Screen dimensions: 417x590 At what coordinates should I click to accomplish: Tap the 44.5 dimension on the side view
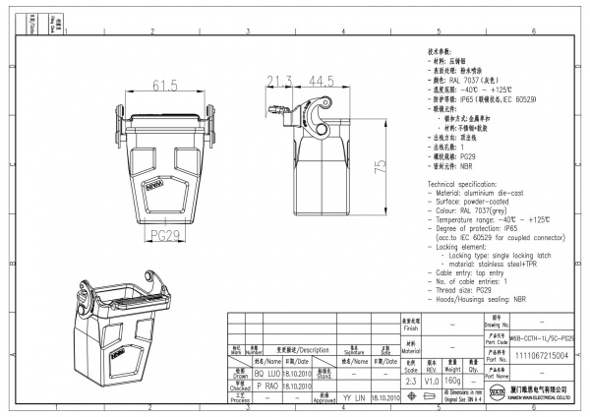tap(321, 81)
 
